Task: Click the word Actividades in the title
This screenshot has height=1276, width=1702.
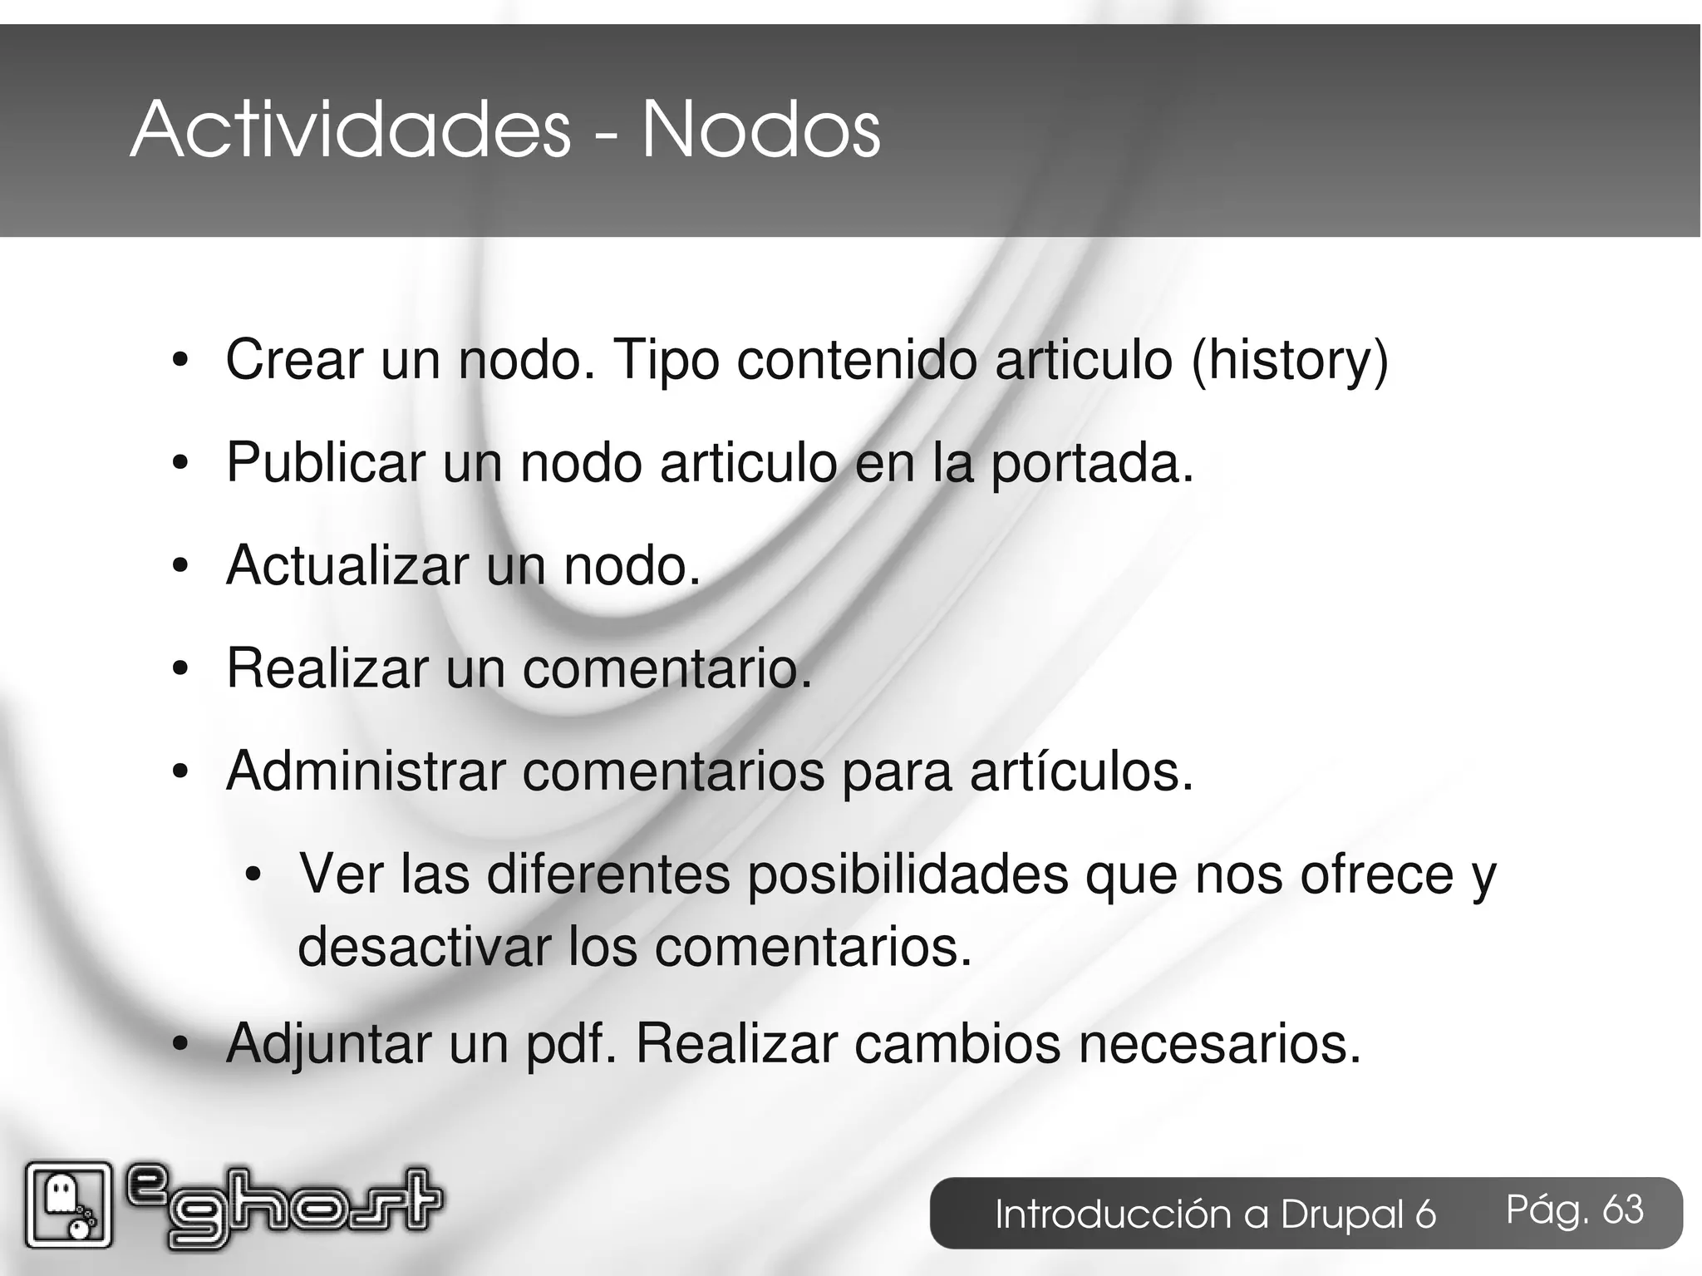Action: [x=350, y=131]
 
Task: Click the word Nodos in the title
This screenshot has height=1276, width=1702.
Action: [x=760, y=131]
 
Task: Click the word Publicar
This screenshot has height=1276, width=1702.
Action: [x=325, y=463]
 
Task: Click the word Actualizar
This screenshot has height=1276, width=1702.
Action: [x=347, y=566]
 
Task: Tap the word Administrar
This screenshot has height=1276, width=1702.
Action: [x=366, y=771]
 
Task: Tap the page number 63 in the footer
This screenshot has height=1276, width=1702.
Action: [x=1622, y=1209]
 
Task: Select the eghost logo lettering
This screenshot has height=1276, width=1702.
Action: [x=283, y=1205]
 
